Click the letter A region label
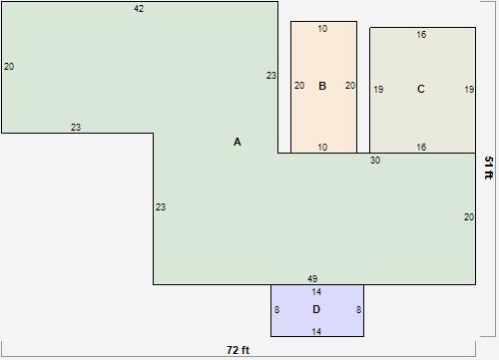(x=238, y=142)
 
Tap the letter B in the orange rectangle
(x=322, y=86)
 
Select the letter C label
(x=421, y=89)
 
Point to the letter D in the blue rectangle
(x=316, y=309)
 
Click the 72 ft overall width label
(x=238, y=350)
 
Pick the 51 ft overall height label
(x=489, y=168)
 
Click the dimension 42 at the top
(x=139, y=9)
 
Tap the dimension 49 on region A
(x=312, y=278)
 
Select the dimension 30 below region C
(x=375, y=161)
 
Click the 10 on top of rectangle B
(x=322, y=29)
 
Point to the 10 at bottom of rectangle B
(x=322, y=147)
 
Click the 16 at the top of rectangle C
(x=421, y=35)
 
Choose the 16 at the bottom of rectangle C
(x=421, y=147)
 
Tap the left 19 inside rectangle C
(x=378, y=90)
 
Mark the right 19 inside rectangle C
(x=469, y=90)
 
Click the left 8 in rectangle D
(x=276, y=310)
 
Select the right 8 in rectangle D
(x=358, y=310)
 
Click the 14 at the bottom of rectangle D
(x=316, y=331)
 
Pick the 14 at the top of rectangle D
(x=316, y=292)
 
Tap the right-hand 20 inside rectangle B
(x=350, y=86)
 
